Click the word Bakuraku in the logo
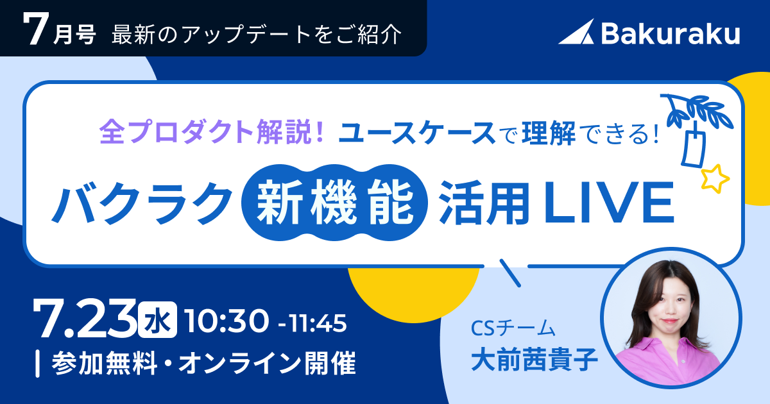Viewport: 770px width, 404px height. tap(671, 33)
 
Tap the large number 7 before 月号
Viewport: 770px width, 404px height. tap(35, 29)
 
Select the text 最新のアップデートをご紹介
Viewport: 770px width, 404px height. tap(257, 35)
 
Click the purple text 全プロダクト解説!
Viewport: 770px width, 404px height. tap(212, 132)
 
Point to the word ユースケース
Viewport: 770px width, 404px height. tap(416, 133)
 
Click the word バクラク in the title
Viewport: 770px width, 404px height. tap(142, 203)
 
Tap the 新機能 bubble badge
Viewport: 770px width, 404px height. tap(334, 203)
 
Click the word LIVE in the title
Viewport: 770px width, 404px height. tap(609, 203)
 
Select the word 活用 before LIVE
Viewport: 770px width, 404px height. tap(484, 203)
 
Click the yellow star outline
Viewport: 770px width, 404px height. tap(715, 179)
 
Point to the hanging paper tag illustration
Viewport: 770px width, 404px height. tap(694, 148)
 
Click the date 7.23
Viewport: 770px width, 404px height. tap(85, 319)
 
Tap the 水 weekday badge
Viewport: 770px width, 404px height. tap(158, 320)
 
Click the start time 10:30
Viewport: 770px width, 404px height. tap(226, 321)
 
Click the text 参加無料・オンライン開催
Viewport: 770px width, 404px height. tap(203, 363)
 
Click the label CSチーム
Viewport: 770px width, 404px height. tap(513, 328)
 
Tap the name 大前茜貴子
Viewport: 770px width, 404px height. tap(534, 360)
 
